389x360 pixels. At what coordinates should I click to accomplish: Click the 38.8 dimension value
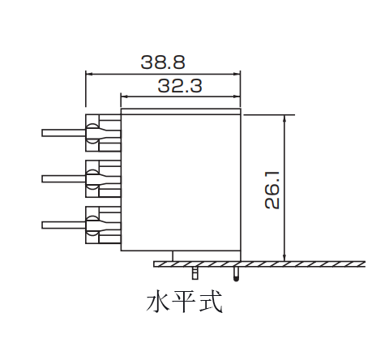[163, 62]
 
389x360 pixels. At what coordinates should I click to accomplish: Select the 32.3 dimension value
[180, 86]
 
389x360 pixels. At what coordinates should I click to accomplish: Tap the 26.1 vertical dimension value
[272, 190]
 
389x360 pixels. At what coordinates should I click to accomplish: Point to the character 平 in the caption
[185, 302]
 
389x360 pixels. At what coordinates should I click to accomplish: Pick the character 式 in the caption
[211, 302]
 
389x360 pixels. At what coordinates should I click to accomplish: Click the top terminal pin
[64, 133]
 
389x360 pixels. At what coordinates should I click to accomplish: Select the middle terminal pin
[64, 179]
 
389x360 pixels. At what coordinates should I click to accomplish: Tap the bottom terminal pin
[64, 225]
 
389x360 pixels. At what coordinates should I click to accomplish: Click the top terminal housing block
[103, 133]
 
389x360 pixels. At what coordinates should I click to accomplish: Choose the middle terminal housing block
[103, 178]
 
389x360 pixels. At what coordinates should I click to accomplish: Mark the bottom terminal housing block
[103, 225]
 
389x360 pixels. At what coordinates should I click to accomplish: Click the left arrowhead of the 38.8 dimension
[89, 74]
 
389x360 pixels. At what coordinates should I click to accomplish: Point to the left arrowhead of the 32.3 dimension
[125, 96]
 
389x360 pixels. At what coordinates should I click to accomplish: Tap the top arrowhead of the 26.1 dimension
[284, 118]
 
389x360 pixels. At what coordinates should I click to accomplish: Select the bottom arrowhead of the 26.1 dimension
[284, 258]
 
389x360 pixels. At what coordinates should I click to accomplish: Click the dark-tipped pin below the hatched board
[236, 274]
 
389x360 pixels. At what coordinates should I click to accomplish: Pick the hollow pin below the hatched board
[194, 273]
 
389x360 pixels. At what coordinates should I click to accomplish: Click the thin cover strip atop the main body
[181, 111]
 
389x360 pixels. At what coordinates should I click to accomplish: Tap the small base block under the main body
[207, 256]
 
